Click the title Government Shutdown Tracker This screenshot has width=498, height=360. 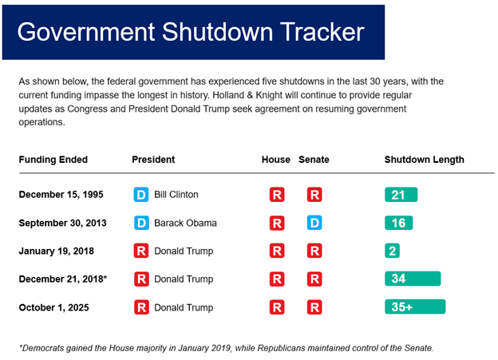tap(191, 32)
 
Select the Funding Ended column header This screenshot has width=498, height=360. tap(53, 160)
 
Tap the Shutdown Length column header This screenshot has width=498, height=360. tap(424, 160)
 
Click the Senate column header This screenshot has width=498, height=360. tap(314, 160)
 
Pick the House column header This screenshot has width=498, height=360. tap(276, 160)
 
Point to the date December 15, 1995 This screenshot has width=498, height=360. tap(61, 195)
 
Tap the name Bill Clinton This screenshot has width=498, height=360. tap(176, 195)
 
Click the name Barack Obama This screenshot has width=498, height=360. tap(184, 223)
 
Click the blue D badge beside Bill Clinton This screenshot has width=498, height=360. tap(141, 195)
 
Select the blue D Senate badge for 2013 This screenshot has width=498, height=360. tap(314, 223)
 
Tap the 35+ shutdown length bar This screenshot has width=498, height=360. tap(414, 307)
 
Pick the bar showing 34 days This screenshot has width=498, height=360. tap(412, 279)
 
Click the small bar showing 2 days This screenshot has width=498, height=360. tap(392, 251)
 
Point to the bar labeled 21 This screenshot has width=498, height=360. tap(401, 195)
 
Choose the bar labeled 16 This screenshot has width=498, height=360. tap(398, 223)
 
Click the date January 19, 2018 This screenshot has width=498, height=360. tap(56, 251)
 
